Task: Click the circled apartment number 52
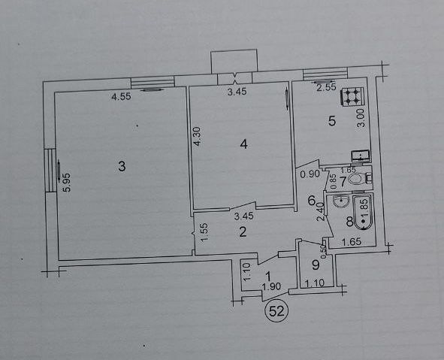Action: [x=276, y=312]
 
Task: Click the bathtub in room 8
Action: [x=364, y=212]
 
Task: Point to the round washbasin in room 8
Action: [x=341, y=201]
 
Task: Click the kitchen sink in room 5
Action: [x=361, y=156]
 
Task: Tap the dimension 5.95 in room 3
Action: [x=68, y=183]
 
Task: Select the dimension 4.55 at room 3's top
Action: [x=121, y=97]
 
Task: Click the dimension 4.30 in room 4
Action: [x=198, y=136]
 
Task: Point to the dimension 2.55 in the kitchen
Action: [x=326, y=87]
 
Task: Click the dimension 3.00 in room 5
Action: [x=361, y=118]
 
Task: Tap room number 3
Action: [x=122, y=166]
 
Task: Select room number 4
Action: [x=243, y=144]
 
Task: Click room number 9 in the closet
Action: [x=316, y=265]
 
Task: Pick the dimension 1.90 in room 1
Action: [x=271, y=286]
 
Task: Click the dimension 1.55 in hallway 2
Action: [x=205, y=232]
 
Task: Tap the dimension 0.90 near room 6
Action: [x=310, y=174]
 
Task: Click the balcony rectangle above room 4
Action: [x=234, y=62]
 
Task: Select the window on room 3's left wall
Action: [x=50, y=170]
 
